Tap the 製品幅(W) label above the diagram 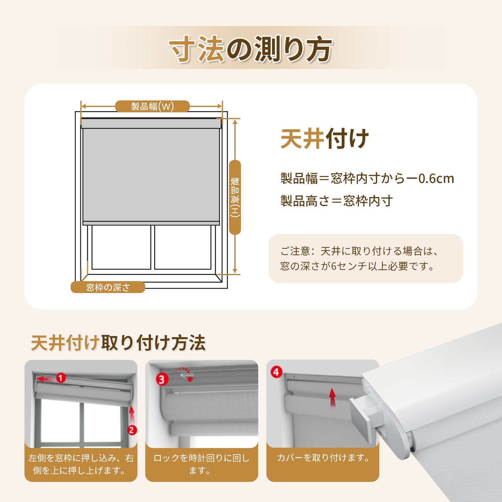coord(152,106)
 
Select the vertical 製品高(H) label coord(235,197)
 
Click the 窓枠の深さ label coord(108,287)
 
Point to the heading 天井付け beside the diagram coord(324,139)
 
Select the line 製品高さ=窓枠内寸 coord(337,201)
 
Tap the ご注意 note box coord(366,259)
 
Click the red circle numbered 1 coord(61,378)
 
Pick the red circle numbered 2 coord(132,430)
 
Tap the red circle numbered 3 coord(162,380)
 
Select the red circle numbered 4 coord(276,372)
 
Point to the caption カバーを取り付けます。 coord(323,458)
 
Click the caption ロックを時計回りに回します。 coord(201,464)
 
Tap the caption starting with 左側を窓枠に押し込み coord(81,464)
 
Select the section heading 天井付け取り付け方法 coord(118,343)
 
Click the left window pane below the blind coord(121,247)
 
